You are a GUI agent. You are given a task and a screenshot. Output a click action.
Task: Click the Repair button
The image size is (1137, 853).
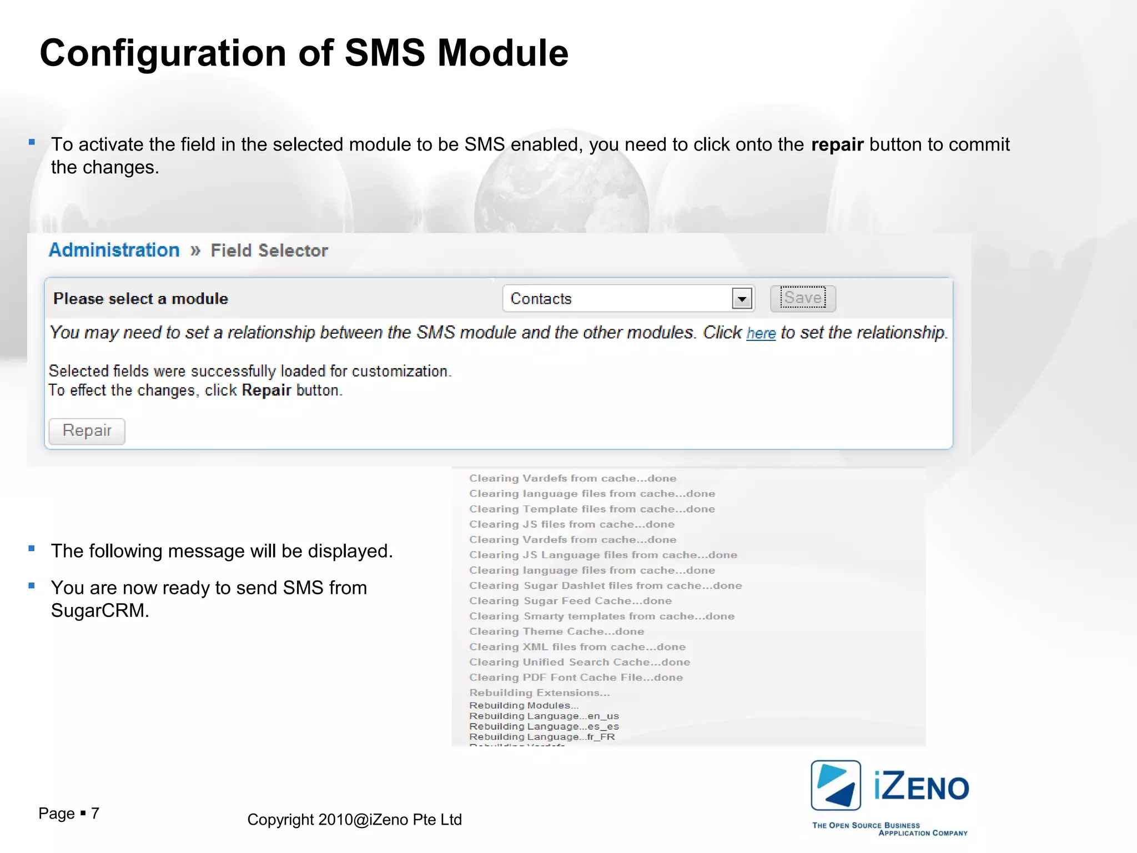point(87,431)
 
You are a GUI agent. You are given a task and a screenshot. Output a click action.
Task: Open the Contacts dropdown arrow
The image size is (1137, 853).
point(742,299)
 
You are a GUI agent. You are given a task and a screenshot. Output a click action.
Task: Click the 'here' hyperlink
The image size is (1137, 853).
point(761,333)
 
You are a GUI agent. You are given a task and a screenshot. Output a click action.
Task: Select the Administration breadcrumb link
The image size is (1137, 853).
point(114,250)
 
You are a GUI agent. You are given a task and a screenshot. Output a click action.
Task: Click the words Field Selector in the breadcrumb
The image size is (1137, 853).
point(269,250)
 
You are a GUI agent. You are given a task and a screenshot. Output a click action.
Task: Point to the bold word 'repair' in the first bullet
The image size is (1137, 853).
point(837,144)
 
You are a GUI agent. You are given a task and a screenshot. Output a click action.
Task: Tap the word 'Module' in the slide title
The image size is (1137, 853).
point(503,53)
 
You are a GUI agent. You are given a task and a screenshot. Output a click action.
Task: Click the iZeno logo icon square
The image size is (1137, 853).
point(836,785)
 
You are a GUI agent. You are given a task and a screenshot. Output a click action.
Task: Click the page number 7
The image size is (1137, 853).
point(95,813)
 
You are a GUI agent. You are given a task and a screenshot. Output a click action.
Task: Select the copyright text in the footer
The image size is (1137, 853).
point(354,820)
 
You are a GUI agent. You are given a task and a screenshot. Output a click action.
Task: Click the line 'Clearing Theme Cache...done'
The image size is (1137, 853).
point(556,631)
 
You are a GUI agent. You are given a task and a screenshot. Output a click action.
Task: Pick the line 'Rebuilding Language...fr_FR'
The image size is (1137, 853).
point(542,737)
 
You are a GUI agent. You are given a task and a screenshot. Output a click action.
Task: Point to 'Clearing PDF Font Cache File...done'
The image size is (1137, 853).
point(576,678)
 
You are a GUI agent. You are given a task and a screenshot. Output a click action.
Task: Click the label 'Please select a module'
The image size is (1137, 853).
point(140,299)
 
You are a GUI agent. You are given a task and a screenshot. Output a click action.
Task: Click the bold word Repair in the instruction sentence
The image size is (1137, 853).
point(266,390)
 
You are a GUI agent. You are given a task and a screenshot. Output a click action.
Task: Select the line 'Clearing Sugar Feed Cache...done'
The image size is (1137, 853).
point(570,601)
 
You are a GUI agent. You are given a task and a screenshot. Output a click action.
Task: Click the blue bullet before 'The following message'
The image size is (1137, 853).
point(32,549)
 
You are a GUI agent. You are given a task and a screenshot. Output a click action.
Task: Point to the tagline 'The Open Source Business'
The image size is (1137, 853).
point(866,825)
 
